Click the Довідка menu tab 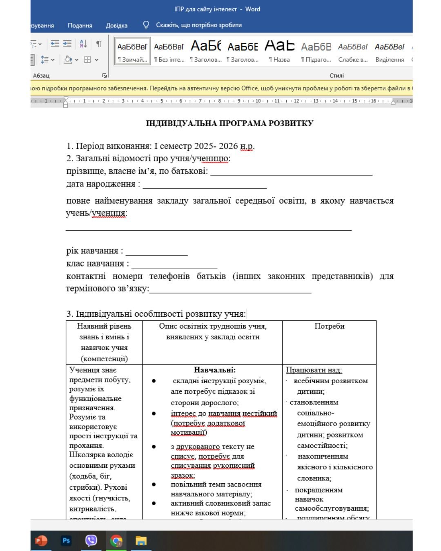[x=116, y=25]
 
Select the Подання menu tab [x=80, y=25]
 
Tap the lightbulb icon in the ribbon [x=146, y=25]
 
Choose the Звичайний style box [x=132, y=51]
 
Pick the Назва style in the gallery [x=279, y=51]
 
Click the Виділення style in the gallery [x=390, y=51]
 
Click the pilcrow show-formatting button [x=99, y=44]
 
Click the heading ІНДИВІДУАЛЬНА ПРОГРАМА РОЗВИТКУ [x=229, y=123]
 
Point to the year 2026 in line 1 [x=228, y=146]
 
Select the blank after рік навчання [x=156, y=251]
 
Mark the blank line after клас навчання [x=174, y=264]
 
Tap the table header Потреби [x=329, y=326]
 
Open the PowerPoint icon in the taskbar [x=41, y=541]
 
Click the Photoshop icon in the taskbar [x=66, y=541]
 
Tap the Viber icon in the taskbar [x=91, y=541]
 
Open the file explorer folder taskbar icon [x=141, y=541]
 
